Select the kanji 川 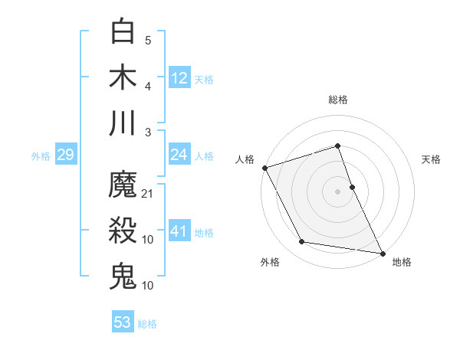[123, 122]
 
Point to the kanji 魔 [123, 185]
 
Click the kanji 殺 [123, 231]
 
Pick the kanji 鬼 [123, 275]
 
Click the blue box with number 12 [179, 77]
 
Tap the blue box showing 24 [179, 155]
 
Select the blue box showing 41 [179, 231]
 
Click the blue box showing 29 [65, 155]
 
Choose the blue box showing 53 [123, 322]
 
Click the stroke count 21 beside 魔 [148, 194]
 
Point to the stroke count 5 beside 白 [148, 41]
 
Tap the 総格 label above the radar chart [338, 100]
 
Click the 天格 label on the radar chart [432, 159]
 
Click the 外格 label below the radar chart [270, 262]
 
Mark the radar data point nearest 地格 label [381, 253]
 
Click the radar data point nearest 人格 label [264, 168]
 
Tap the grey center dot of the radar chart [338, 191]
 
